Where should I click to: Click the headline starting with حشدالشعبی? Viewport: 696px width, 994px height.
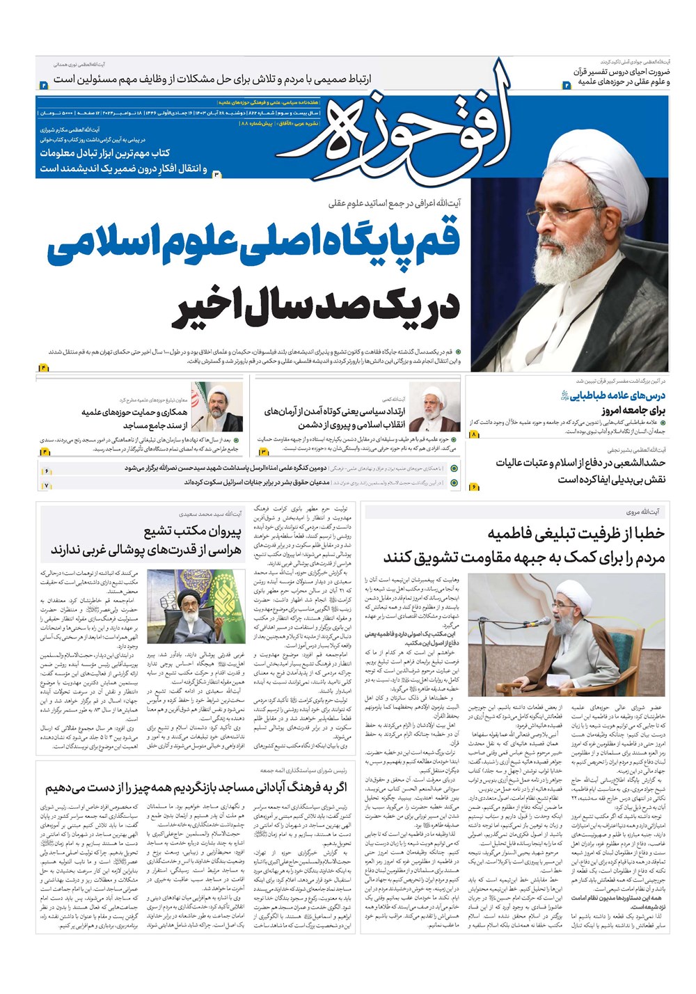tap(580, 463)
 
